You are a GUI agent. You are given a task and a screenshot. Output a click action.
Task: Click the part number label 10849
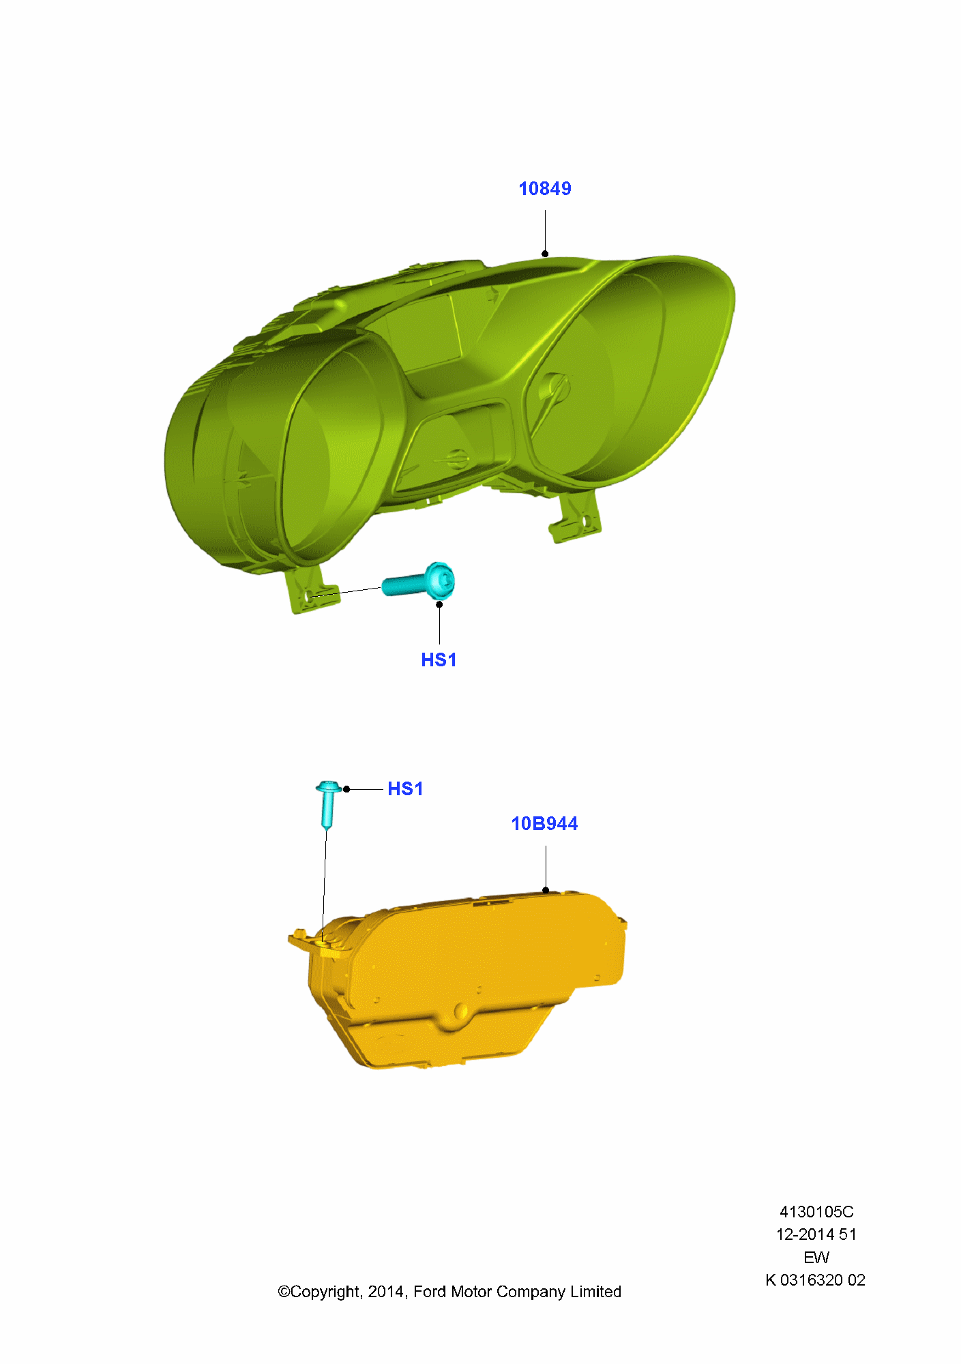point(545,189)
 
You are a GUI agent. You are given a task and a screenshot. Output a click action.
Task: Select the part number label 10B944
point(544,824)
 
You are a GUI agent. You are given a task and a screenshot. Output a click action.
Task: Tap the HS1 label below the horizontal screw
point(439,660)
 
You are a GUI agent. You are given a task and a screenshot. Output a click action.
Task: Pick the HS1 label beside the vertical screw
point(405,789)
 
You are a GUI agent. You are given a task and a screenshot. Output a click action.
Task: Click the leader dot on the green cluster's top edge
point(545,254)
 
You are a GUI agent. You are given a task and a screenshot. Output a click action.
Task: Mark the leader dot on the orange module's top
point(546,890)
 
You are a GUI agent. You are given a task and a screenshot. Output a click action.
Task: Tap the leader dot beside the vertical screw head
point(346,789)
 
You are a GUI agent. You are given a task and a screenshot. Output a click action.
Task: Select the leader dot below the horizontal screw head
point(439,604)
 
